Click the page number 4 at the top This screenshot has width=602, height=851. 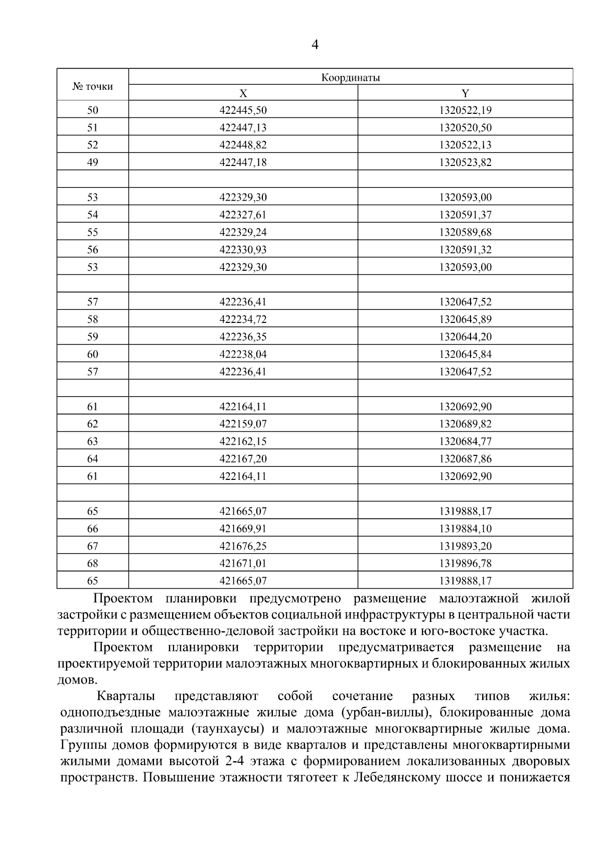pyautogui.click(x=315, y=45)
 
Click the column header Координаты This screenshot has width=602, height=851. pyautogui.click(x=351, y=77)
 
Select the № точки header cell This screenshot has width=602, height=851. pyautogui.click(x=93, y=86)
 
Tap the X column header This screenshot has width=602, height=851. pyautogui.click(x=243, y=93)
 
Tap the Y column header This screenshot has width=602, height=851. pyautogui.click(x=465, y=93)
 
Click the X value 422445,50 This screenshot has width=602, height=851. pyautogui.click(x=243, y=110)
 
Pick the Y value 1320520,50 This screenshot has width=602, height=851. pyautogui.click(x=465, y=128)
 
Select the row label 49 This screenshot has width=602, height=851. pyautogui.click(x=93, y=162)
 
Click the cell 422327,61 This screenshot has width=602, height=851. pyautogui.click(x=243, y=215)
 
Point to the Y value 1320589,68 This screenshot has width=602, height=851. pyautogui.click(x=465, y=232)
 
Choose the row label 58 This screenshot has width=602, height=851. pyautogui.click(x=93, y=319)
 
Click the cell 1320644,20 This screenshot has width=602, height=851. pyautogui.click(x=465, y=336)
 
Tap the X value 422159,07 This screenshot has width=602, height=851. pyautogui.click(x=243, y=424)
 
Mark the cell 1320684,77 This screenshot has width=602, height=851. pyautogui.click(x=465, y=441)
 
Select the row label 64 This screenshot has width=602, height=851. pyautogui.click(x=93, y=459)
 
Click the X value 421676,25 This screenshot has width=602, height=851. pyautogui.click(x=243, y=546)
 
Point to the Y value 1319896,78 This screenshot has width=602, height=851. pyautogui.click(x=465, y=564)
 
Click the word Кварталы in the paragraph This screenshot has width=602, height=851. pyautogui.click(x=126, y=696)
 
